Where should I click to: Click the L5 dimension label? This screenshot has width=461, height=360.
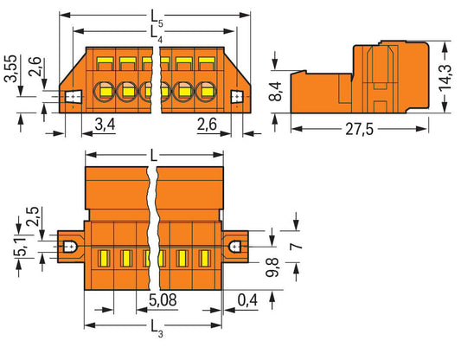pyautogui.click(x=157, y=16)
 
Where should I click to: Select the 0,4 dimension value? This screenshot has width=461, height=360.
pyautogui.click(x=247, y=299)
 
